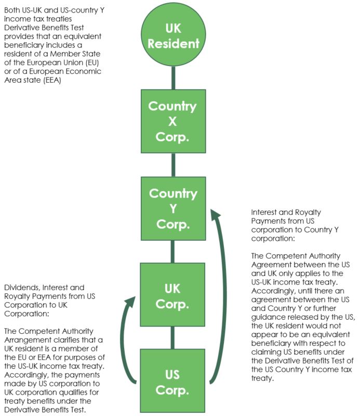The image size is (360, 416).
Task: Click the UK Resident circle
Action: point(173,35)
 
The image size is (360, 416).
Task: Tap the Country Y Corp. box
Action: point(173,209)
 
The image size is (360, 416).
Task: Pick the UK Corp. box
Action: point(173,295)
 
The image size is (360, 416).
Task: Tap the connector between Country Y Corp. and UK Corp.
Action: point(173,252)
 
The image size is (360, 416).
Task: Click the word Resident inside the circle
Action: point(173,43)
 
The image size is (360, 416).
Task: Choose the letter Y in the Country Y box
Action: point(173,209)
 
